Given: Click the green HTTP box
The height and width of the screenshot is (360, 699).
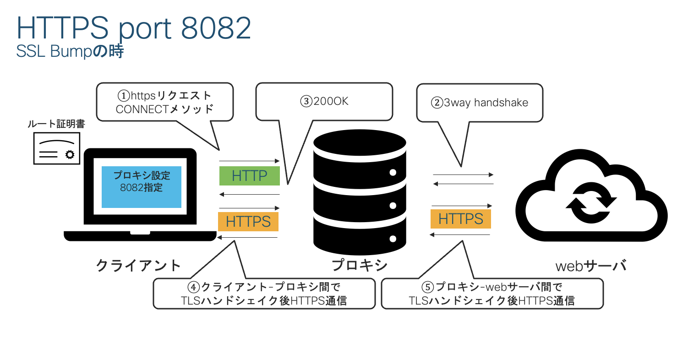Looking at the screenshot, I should point(249,176).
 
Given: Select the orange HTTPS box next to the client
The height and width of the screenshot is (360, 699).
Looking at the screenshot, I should point(248,222).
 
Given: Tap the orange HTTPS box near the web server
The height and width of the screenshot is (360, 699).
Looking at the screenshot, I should point(460,219).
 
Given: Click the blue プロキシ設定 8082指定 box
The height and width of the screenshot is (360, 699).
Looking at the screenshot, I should point(142,187).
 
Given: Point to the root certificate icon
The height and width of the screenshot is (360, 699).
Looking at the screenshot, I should point(57,148).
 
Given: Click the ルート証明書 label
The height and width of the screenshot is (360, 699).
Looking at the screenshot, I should point(56,124).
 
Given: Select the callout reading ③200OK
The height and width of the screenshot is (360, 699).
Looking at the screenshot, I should point(324,101).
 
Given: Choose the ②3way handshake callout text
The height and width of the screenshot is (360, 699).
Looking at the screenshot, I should point(479,103).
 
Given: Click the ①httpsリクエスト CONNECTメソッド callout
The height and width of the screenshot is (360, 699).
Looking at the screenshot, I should point(164,102).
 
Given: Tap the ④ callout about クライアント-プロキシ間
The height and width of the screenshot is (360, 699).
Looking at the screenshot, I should point(264,294).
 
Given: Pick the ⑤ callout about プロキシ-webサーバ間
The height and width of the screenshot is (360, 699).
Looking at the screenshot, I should point(492,294).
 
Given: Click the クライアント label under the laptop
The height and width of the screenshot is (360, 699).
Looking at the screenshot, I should point(138,265).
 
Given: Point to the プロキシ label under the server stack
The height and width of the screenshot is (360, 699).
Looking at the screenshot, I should point(360,265).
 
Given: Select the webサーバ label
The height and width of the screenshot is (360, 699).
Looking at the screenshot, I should point(590,266).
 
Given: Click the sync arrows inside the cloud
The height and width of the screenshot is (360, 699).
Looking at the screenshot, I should point(591,202).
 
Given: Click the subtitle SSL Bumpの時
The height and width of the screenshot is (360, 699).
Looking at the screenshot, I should point(70,51).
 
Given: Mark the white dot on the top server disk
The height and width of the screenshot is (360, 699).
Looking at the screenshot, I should point(393,173).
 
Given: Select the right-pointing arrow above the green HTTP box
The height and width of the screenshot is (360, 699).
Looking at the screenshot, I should point(249,161).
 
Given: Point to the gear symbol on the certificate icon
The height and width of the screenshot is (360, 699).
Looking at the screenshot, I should point(70,154).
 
